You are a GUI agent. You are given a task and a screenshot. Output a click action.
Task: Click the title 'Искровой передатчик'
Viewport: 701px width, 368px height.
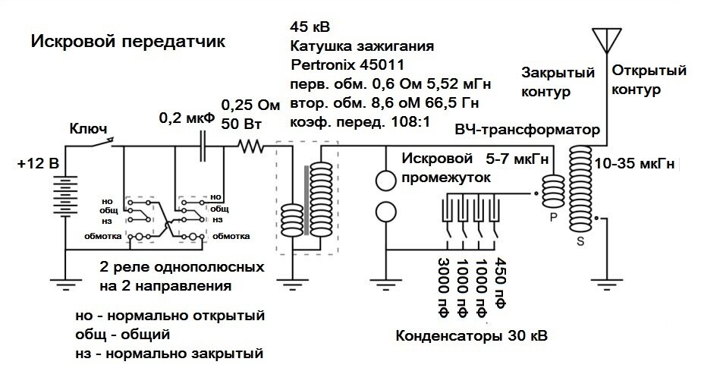coord(127,41)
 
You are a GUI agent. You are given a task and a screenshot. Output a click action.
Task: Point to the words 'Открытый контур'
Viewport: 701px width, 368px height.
coord(645,80)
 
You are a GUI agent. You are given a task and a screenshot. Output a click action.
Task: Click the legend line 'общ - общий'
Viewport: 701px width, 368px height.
coord(122,334)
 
